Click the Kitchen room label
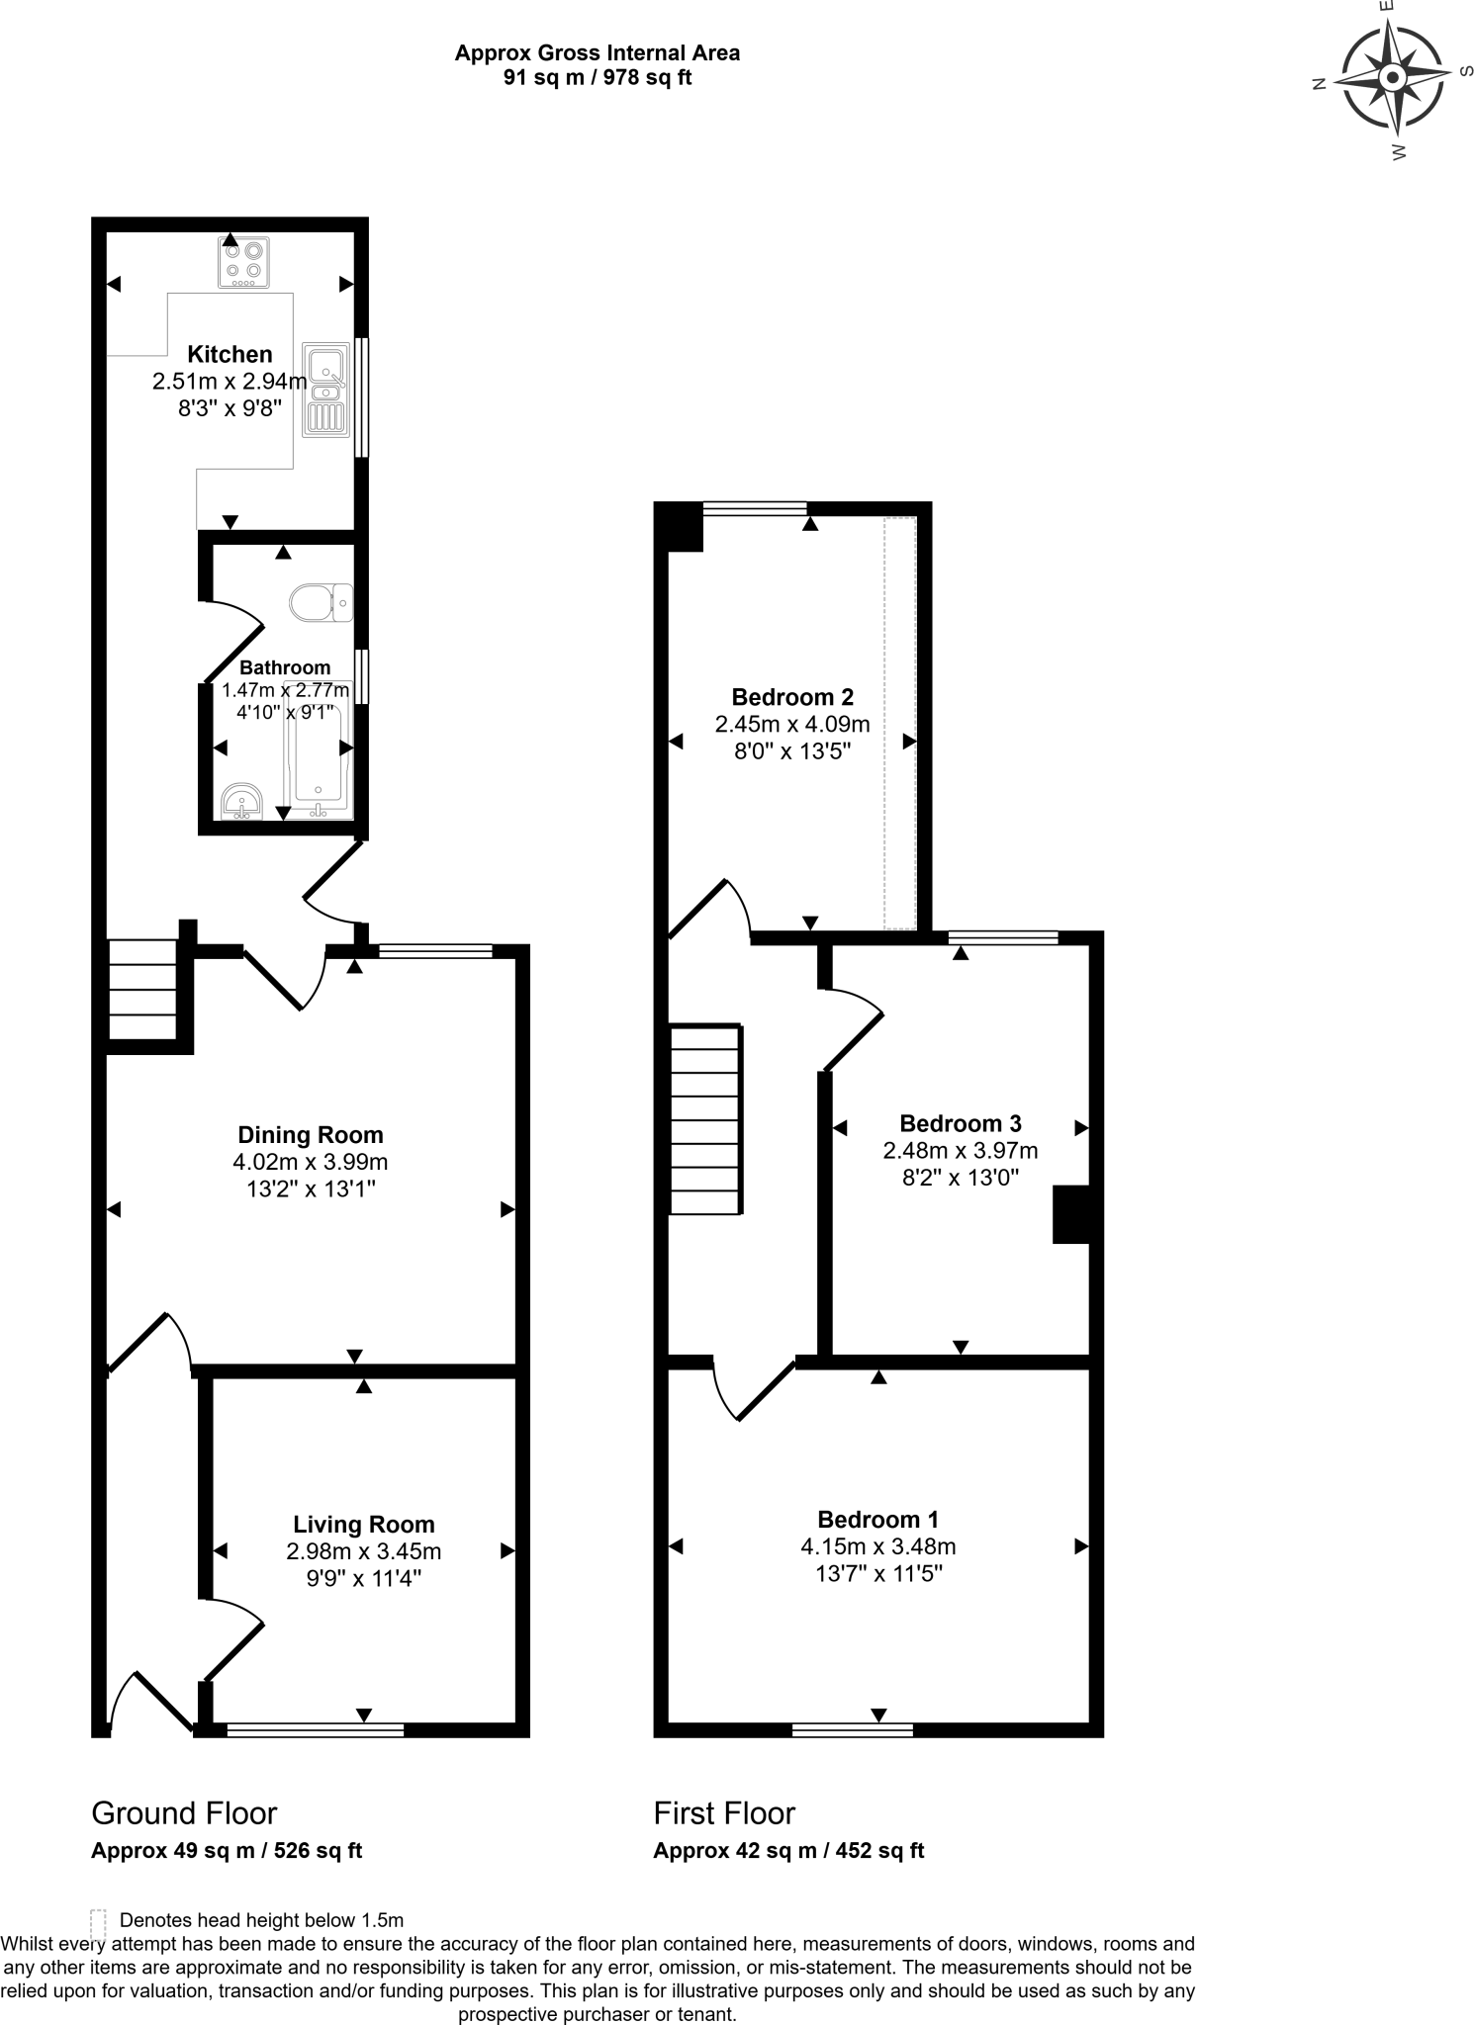tap(230, 354)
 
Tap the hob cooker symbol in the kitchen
tap(243, 262)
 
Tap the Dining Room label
tap(310, 1135)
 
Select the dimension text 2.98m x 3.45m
tap(363, 1551)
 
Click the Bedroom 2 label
tap(791, 697)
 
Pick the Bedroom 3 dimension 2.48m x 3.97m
tap(960, 1150)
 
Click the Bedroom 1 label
tap(877, 1520)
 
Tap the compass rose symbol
tap(1392, 78)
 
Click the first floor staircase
tap(706, 1119)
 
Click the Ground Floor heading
tap(184, 1813)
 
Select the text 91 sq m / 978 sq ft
tap(597, 79)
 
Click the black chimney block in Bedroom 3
tap(1070, 1214)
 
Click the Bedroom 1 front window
tap(852, 1729)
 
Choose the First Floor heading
tap(724, 1813)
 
